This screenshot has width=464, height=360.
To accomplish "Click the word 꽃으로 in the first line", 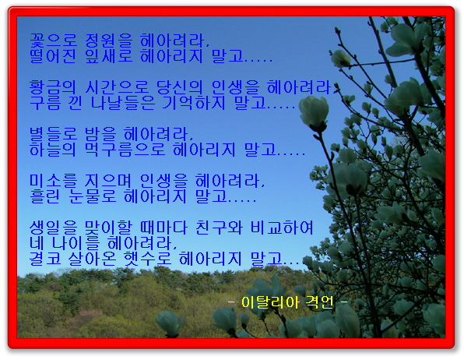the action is tap(53, 41).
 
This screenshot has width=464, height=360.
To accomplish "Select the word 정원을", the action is tap(108, 41).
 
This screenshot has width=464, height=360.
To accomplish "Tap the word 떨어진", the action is tap(53, 56).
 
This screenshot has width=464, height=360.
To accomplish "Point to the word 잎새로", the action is tap(108, 56).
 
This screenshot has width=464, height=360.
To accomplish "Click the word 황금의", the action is tap(53, 87).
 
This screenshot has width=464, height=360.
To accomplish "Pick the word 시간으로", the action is tap(117, 87).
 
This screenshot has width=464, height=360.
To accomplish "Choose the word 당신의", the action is tap(180, 87).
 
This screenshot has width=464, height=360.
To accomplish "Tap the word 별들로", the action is tap(53, 134).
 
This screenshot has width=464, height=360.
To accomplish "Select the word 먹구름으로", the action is tap(125, 150).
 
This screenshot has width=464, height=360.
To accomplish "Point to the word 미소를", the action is tap(53, 181).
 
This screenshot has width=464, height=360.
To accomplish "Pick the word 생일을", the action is tap(53, 228).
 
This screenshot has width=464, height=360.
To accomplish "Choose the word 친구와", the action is tap(219, 228).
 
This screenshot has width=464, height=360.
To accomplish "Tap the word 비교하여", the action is tap(282, 228).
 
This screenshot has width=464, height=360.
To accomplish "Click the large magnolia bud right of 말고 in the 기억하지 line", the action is tap(315, 113).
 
